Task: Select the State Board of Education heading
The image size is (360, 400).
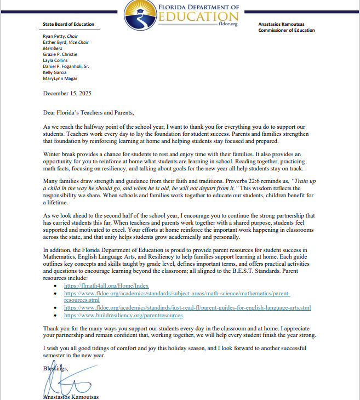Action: click(x=68, y=24)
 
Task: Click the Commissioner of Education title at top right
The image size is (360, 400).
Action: click(x=287, y=31)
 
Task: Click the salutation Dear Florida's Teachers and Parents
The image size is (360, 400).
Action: click(x=88, y=112)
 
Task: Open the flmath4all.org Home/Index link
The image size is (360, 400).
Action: click(x=106, y=286)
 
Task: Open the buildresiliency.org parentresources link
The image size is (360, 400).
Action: click(x=123, y=316)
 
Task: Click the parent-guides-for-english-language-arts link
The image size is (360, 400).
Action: click(x=187, y=308)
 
